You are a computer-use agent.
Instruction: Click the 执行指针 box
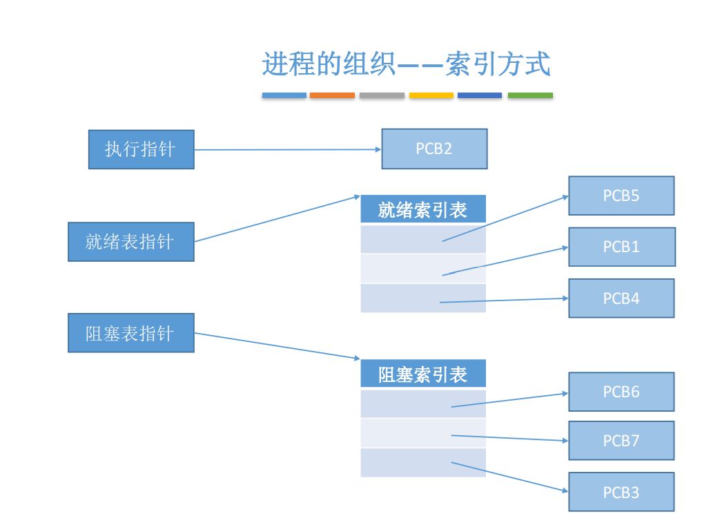pyautogui.click(x=142, y=150)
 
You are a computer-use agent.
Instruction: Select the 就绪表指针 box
pyautogui.click(x=131, y=242)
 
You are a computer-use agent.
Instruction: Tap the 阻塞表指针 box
pyautogui.click(x=131, y=333)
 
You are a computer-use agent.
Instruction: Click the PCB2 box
pyautogui.click(x=434, y=149)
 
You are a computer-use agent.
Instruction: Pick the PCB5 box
pyautogui.click(x=621, y=196)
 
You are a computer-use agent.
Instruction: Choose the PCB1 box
pyautogui.click(x=622, y=247)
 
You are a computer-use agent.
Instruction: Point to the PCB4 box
pyautogui.click(x=621, y=298)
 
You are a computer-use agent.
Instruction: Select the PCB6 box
pyautogui.click(x=621, y=392)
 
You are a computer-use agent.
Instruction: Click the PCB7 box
pyautogui.click(x=621, y=441)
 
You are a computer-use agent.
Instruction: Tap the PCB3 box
pyautogui.click(x=621, y=492)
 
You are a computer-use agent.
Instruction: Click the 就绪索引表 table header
pyautogui.click(x=423, y=209)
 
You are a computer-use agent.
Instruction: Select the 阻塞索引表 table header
pyautogui.click(x=423, y=373)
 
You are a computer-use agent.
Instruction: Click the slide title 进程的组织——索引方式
pyautogui.click(x=406, y=64)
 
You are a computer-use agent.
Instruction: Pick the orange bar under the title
pyautogui.click(x=332, y=95)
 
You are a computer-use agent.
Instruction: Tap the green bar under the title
pyautogui.click(x=531, y=95)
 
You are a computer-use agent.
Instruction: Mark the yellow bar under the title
pyautogui.click(x=431, y=95)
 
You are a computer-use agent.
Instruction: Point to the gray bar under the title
pyautogui.click(x=382, y=95)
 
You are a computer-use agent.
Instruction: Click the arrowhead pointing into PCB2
pyautogui.click(x=379, y=149)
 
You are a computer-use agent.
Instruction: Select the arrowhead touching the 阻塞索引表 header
pyautogui.click(x=358, y=358)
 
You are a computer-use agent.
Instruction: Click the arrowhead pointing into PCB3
pyautogui.click(x=565, y=491)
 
